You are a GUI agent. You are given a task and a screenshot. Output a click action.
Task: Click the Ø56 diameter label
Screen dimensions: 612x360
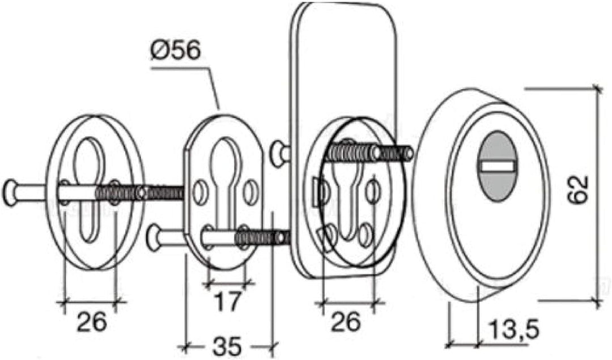tap(176, 51)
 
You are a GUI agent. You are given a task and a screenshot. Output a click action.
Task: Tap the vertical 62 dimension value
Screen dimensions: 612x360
tap(577, 190)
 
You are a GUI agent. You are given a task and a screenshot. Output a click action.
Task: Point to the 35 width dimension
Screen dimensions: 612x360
tap(227, 346)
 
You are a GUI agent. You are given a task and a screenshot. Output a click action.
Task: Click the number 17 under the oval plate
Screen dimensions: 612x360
tap(228, 302)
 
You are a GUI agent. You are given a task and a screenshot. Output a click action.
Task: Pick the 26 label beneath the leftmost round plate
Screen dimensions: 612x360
tap(91, 321)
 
